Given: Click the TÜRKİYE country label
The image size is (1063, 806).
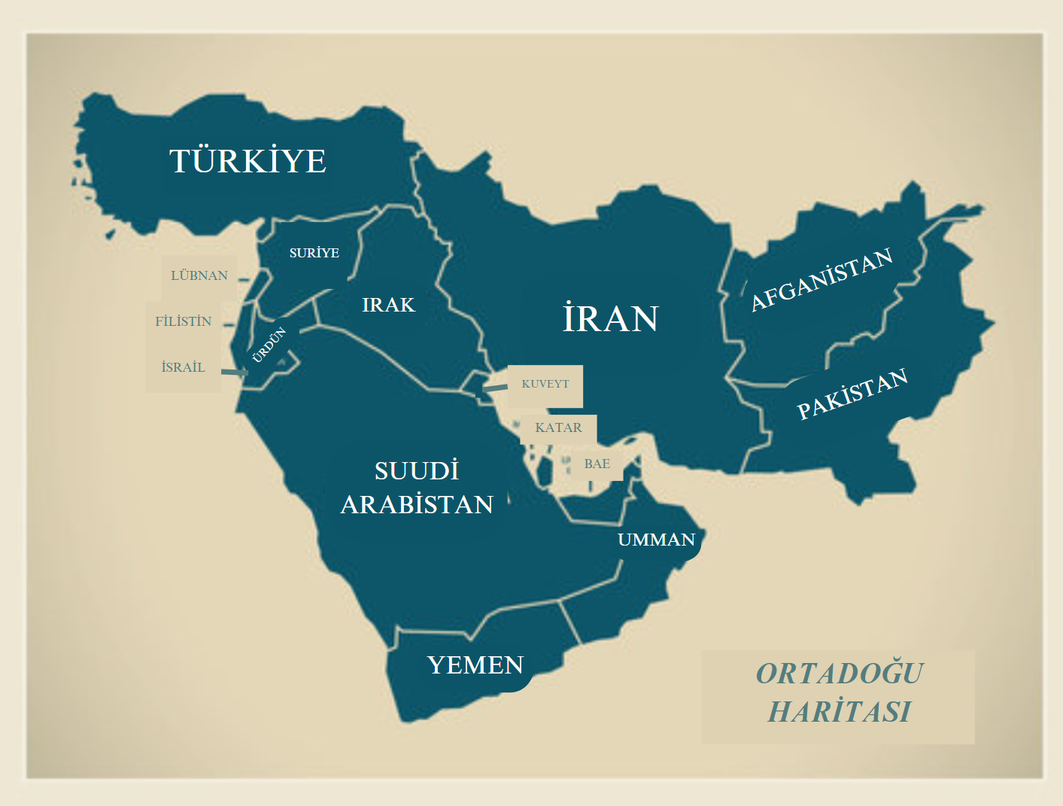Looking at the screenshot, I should pyautogui.click(x=248, y=161).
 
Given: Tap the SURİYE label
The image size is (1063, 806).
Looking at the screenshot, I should pyautogui.click(x=314, y=253).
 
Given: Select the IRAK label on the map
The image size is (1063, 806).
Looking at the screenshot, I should pyautogui.click(x=388, y=305).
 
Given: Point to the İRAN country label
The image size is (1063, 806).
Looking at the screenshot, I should pyautogui.click(x=610, y=318).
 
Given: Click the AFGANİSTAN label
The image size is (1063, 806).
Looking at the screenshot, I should pyautogui.click(x=822, y=279).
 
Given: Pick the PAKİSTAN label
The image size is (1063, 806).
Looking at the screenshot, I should pyautogui.click(x=852, y=394).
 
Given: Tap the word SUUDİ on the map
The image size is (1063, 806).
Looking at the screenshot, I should pyautogui.click(x=416, y=471).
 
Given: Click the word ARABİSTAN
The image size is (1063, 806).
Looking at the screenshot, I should pyautogui.click(x=417, y=504).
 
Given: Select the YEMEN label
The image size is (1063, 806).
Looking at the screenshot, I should pyautogui.click(x=475, y=665).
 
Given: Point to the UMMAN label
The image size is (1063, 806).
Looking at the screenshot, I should pyautogui.click(x=656, y=540).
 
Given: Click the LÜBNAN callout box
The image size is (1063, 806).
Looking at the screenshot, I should pyautogui.click(x=199, y=275).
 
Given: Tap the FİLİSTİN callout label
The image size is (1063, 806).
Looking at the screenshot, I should pyautogui.click(x=183, y=321).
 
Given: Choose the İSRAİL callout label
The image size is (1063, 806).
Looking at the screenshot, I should pyautogui.click(x=183, y=367).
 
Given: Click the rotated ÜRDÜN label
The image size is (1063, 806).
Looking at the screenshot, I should pyautogui.click(x=269, y=345).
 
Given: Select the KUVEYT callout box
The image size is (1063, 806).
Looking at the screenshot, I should pyautogui.click(x=545, y=384).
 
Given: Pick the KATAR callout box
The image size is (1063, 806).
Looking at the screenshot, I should pyautogui.click(x=558, y=427).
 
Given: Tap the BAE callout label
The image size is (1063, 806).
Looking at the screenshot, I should pyautogui.click(x=597, y=464).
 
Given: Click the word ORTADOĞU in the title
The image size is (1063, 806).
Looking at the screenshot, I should pyautogui.click(x=839, y=674).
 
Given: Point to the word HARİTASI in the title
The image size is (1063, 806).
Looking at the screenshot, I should pyautogui.click(x=839, y=711).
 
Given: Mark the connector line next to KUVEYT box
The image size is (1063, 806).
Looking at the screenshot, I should pyautogui.click(x=494, y=388).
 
